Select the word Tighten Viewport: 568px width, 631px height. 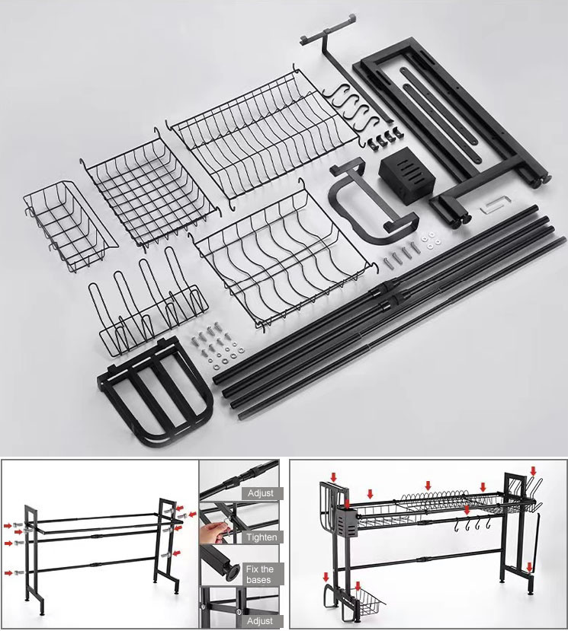262,537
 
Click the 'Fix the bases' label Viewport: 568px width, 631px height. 260,574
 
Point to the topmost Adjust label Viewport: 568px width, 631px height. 261,493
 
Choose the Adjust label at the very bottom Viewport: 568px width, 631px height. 260,621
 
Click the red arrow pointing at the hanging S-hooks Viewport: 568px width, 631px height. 467,510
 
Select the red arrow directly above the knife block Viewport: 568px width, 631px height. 348,503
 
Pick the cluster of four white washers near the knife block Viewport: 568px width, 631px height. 431,239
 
